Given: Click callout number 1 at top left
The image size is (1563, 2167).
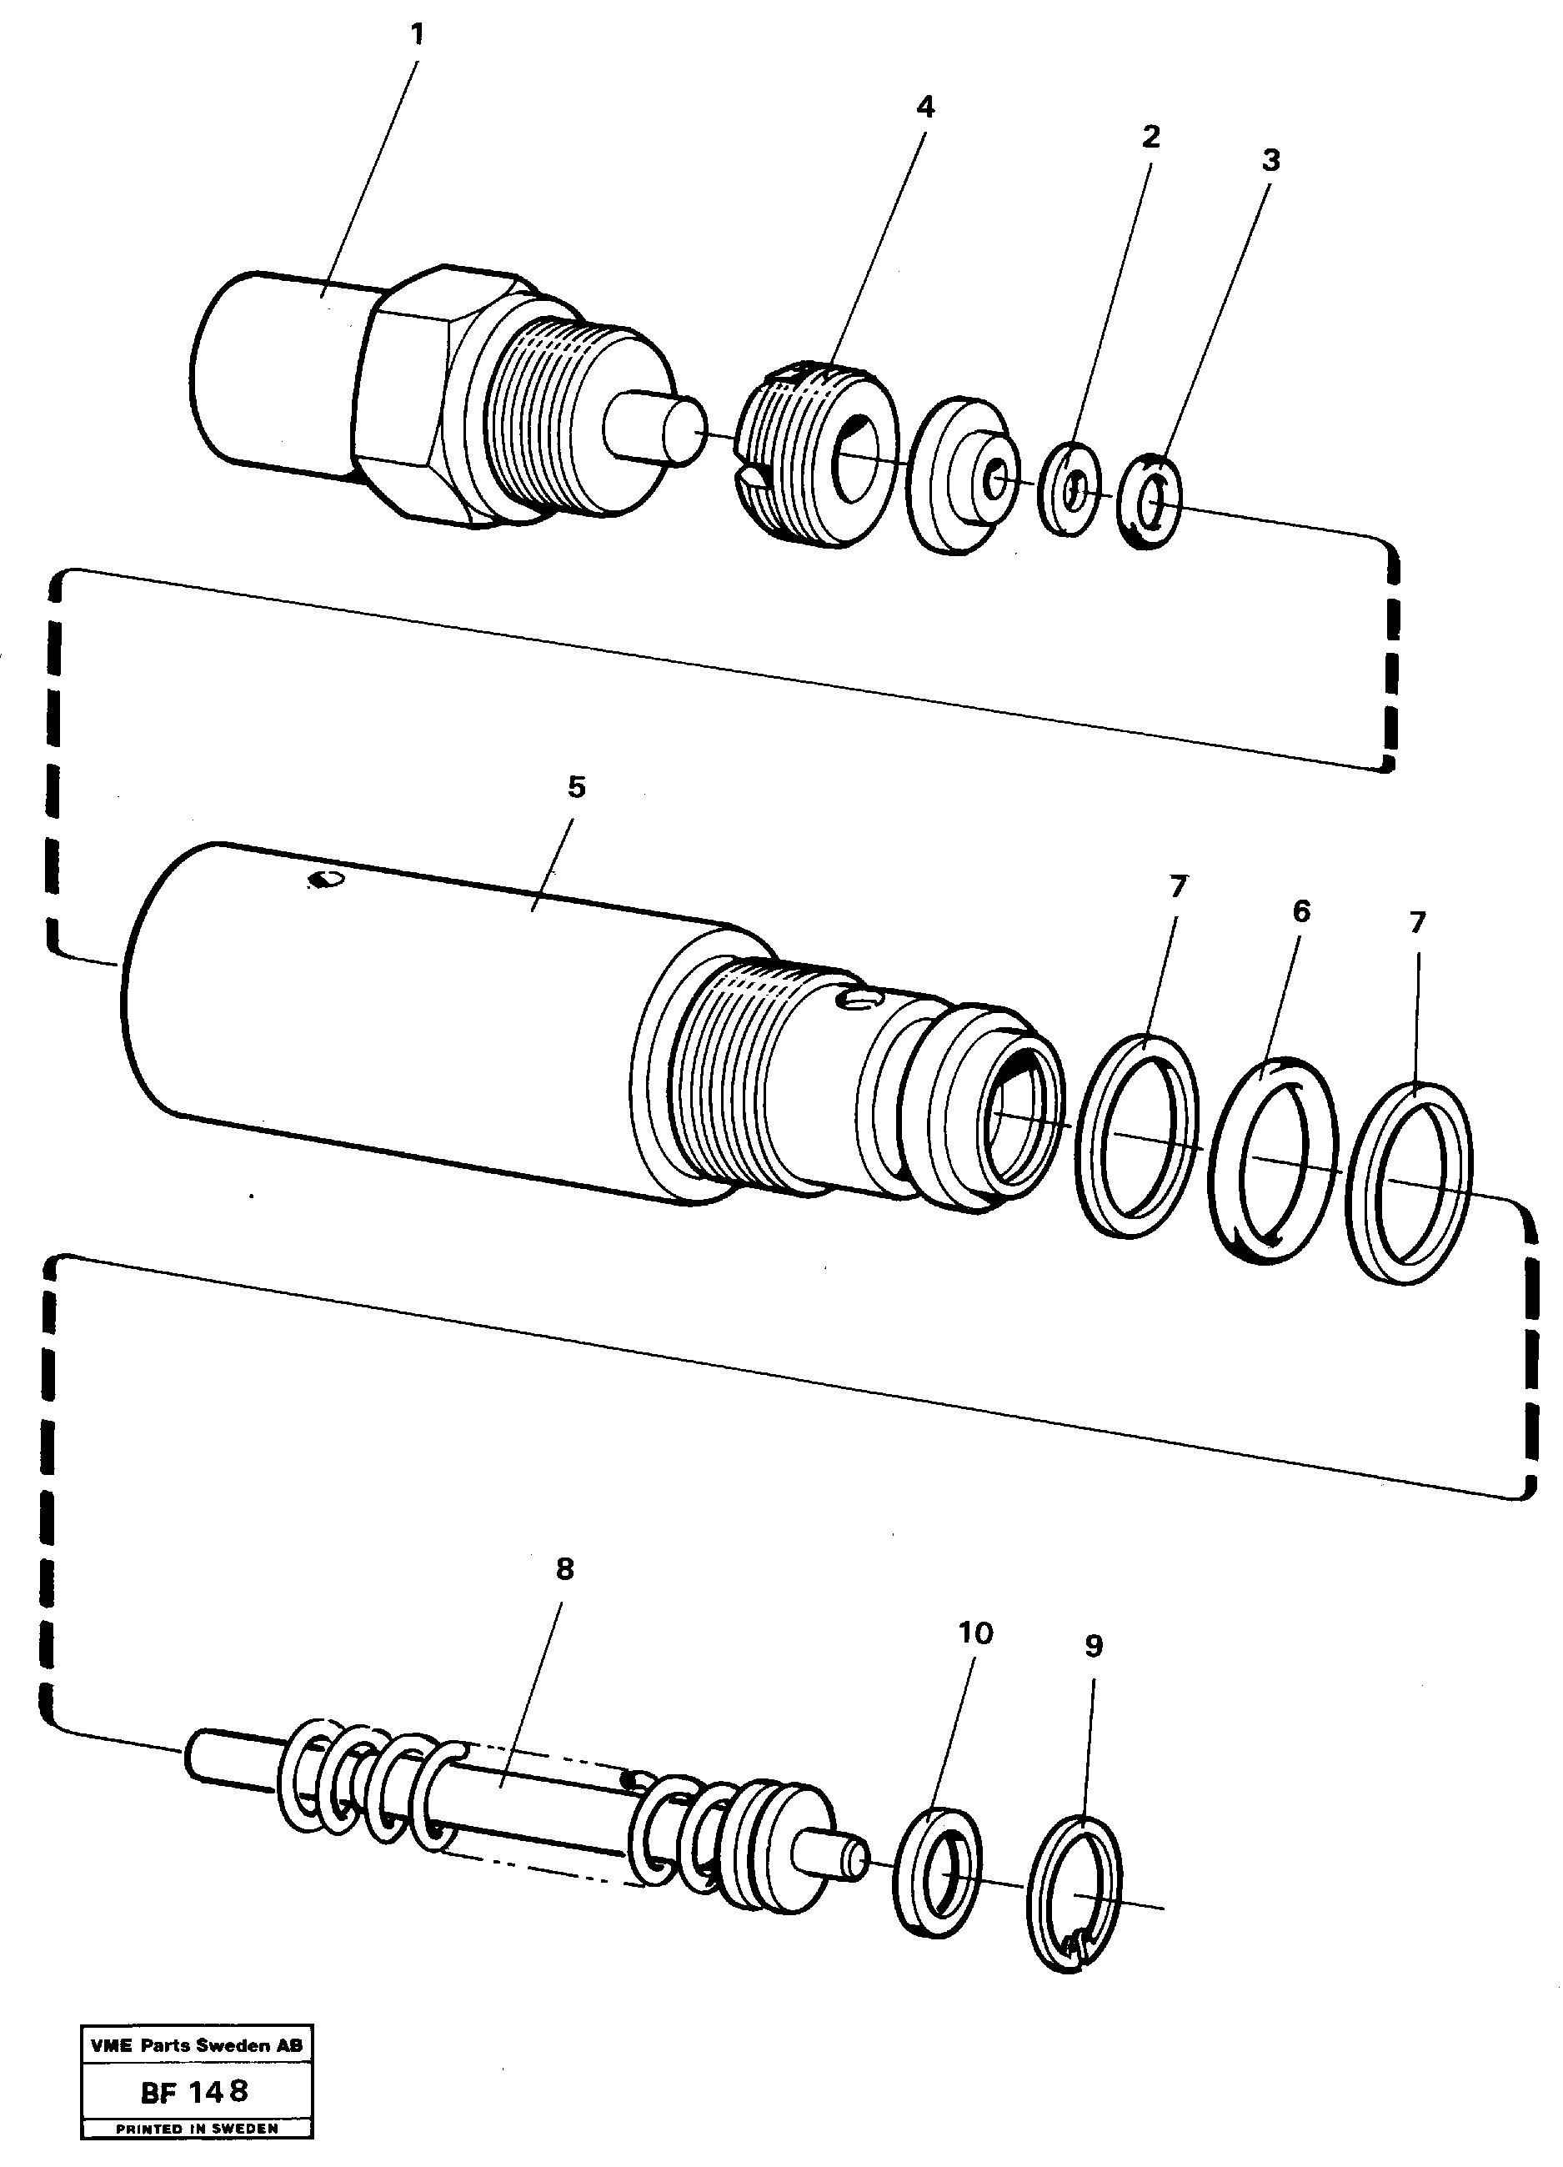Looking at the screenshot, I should coord(417,35).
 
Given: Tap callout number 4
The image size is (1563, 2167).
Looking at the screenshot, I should coord(924,107).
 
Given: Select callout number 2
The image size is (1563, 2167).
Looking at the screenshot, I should coord(1150,137).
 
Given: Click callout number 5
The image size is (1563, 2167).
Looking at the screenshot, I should coord(576,787).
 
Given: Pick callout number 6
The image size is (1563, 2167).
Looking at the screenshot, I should coord(1301,911).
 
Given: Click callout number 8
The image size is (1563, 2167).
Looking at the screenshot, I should coord(564,1569).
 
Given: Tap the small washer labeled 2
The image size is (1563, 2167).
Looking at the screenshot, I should coord(1069,490).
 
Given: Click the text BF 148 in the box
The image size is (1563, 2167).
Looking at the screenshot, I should coord(195,2091).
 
